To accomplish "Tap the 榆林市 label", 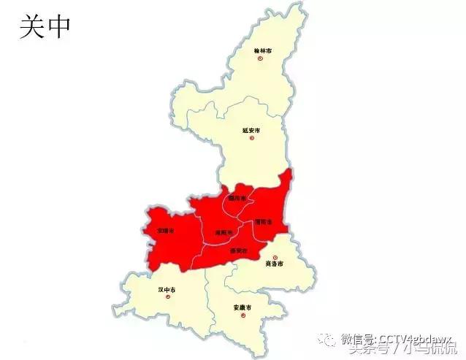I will click(262, 51).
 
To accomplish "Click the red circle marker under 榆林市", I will click(259, 58).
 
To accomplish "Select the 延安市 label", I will click(251, 131).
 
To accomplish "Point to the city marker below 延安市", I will click(252, 138).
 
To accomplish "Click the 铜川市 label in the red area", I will click(237, 198).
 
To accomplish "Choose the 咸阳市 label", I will click(223, 232).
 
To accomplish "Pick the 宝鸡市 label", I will click(165, 230).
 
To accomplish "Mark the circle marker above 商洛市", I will click(275, 257).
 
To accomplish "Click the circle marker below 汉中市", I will click(167, 297).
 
